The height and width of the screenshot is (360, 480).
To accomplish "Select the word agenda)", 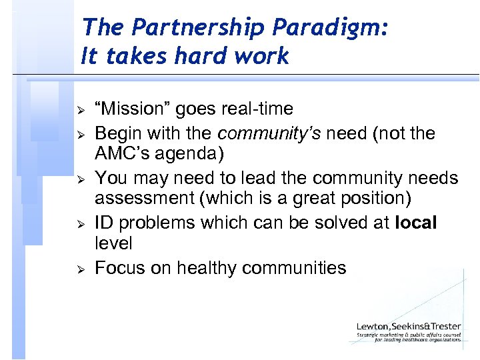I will (191, 154).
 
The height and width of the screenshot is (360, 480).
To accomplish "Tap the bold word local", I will (415, 223).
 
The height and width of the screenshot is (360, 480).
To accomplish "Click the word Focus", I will (121, 268).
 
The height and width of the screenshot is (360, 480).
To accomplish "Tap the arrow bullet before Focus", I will (79, 269).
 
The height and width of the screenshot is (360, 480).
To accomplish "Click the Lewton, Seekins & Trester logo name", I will (409, 327).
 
